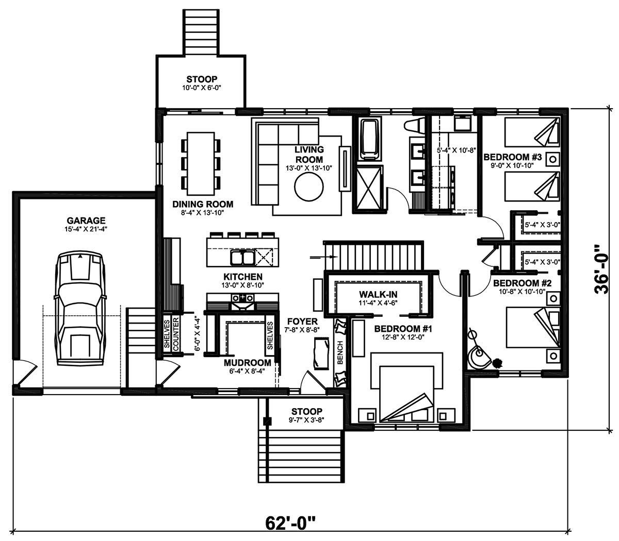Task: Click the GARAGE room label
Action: coord(86,221)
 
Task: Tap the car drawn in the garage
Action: coord(80,309)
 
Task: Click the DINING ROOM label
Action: coord(203,205)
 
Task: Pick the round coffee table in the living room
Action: coord(309,188)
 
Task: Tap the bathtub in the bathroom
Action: coord(368,139)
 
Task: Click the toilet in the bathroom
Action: coord(415,125)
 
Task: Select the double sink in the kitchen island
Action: coord(242,258)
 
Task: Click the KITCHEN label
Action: coord(242,277)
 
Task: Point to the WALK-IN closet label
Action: coord(378,294)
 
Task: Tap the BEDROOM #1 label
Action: coord(403,329)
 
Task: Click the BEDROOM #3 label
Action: coord(512,157)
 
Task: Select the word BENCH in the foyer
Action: coord(340,353)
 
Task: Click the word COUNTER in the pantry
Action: coord(176,334)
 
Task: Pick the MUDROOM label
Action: coord(248,363)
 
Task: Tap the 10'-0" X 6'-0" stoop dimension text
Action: coord(202,88)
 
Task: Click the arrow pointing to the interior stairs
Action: coord(323,257)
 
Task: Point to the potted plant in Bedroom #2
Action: coord(496,362)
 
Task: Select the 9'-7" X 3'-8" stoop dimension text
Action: coord(307,419)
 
